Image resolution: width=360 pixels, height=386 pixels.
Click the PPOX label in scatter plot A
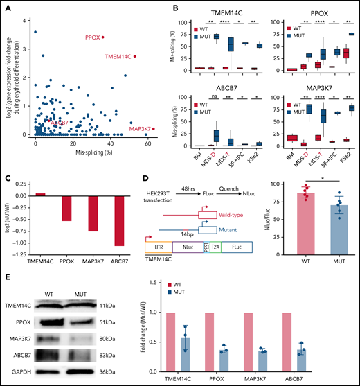point(93,37)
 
